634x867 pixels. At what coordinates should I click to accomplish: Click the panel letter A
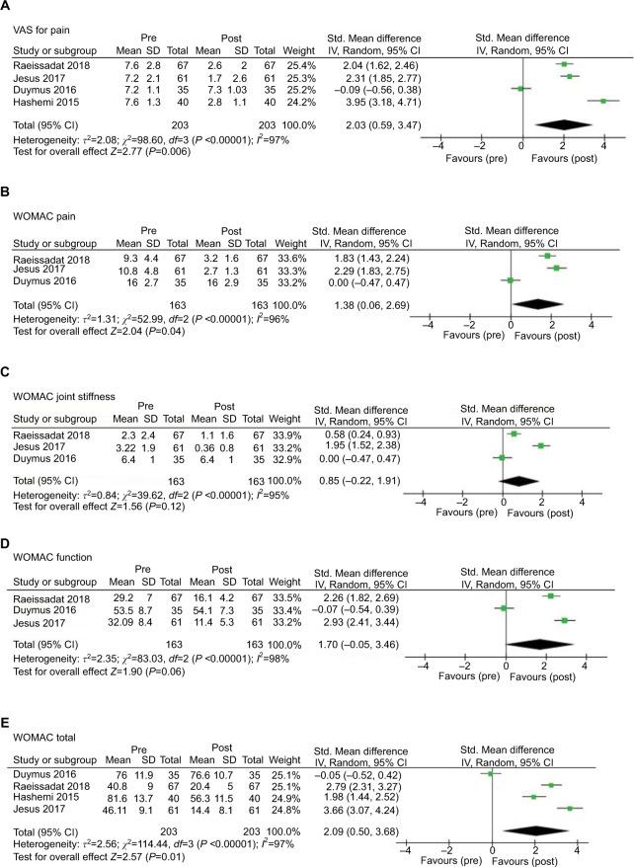coord(7,8)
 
